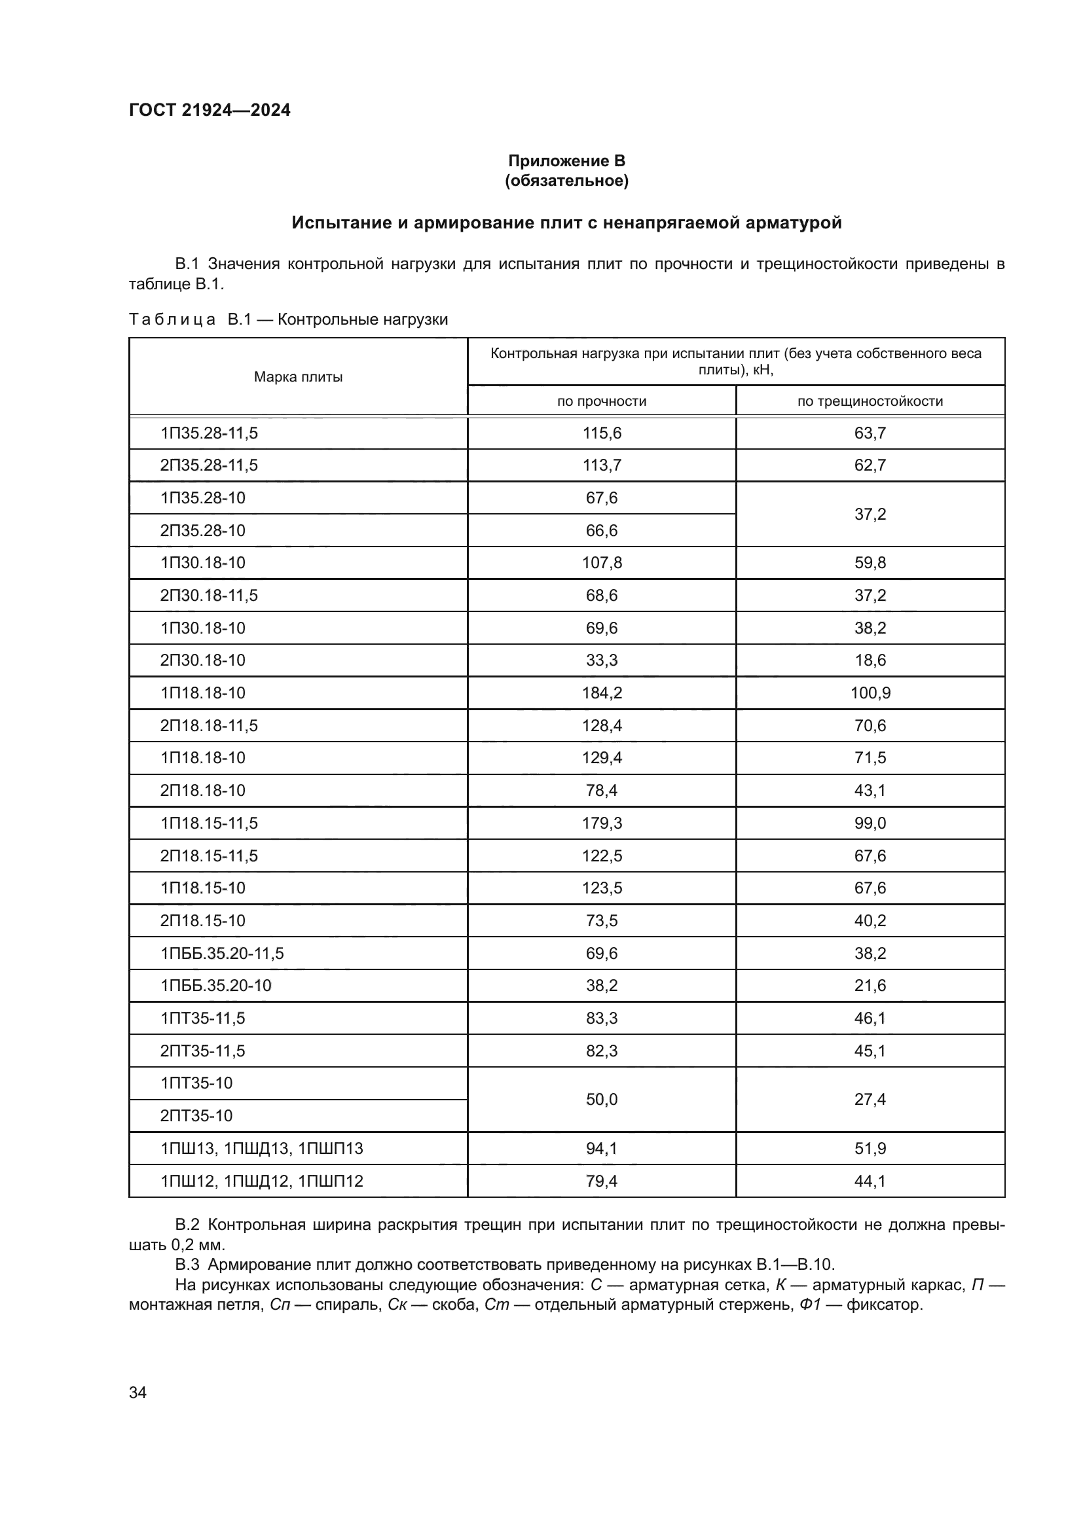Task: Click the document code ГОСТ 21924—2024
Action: pyautogui.click(x=210, y=110)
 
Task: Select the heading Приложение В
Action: pyautogui.click(x=566, y=161)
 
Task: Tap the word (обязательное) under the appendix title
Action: pyautogui.click(x=566, y=181)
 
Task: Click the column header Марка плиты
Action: pyautogui.click(x=298, y=377)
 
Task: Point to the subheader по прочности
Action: pyautogui.click(x=602, y=401)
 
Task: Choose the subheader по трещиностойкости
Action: pyautogui.click(x=870, y=401)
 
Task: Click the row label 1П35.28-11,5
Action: pyautogui.click(x=209, y=433)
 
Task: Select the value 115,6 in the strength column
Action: pyautogui.click(x=602, y=433)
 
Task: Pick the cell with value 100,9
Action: pyautogui.click(x=870, y=693)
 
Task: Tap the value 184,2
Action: pyautogui.click(x=602, y=693)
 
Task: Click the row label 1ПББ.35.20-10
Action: pyautogui.click(x=215, y=986)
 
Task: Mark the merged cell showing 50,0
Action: pyautogui.click(x=602, y=1099)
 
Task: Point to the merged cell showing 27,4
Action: pyautogui.click(x=870, y=1099)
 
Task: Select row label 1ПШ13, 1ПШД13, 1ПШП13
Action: pyautogui.click(x=261, y=1148)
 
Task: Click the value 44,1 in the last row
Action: pyautogui.click(x=870, y=1181)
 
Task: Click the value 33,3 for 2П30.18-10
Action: pyautogui.click(x=602, y=660)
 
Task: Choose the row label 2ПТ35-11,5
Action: pyautogui.click(x=202, y=1051)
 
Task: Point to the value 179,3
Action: pyautogui.click(x=602, y=823)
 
